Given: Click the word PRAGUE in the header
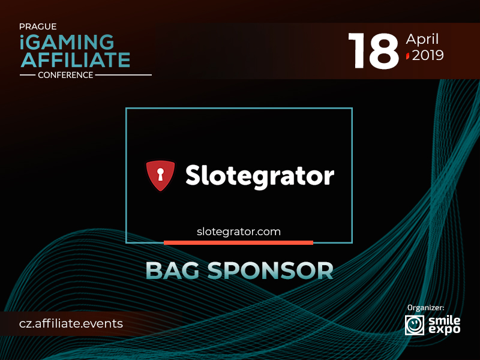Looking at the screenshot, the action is (x=38, y=26).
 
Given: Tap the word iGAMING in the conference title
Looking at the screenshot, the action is (x=67, y=42).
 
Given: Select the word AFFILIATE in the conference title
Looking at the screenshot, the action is (x=76, y=59).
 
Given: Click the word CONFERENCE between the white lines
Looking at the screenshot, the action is (x=65, y=75).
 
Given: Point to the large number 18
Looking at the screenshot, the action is (x=374, y=50).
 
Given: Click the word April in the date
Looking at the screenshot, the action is (x=422, y=39).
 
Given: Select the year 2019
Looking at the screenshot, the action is (x=428, y=55).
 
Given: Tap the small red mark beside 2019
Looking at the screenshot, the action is (x=408, y=56).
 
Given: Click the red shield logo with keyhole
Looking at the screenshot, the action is (x=160, y=175).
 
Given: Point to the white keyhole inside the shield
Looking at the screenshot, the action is (x=160, y=174).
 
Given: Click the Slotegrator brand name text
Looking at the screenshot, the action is (x=260, y=176).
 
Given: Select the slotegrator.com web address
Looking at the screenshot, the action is (x=239, y=232).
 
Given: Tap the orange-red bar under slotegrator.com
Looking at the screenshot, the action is (x=238, y=243).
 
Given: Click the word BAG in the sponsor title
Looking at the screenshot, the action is (x=172, y=271).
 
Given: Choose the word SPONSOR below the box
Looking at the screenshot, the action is (x=271, y=271).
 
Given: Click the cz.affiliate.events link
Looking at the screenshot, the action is (x=71, y=323).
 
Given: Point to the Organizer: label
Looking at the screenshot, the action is (x=425, y=308).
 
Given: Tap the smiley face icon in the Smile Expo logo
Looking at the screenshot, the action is (x=415, y=325).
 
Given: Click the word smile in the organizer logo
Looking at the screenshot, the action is (x=444, y=320).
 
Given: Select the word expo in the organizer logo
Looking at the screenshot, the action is (x=444, y=329).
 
